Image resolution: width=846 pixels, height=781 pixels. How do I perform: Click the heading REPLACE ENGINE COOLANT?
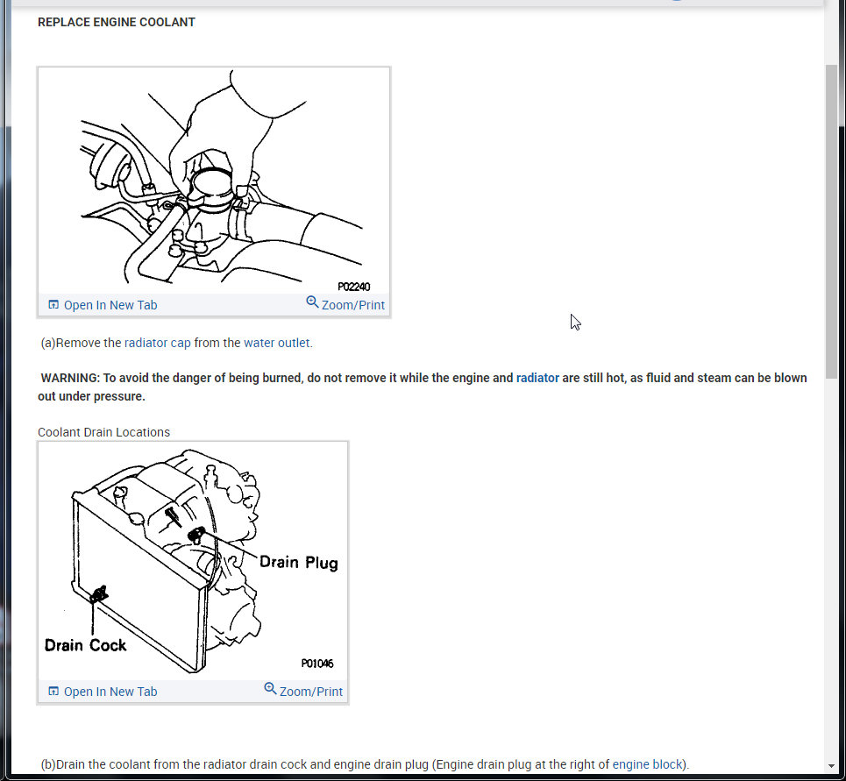tap(117, 22)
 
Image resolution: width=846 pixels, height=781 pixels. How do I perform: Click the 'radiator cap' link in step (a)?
tap(157, 343)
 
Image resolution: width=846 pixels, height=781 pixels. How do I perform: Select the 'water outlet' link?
tap(277, 343)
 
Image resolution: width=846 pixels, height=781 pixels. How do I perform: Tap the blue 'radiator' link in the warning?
tap(537, 378)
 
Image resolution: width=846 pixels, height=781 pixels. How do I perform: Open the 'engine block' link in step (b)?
tap(649, 764)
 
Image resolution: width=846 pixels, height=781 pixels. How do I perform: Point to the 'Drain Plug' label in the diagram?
tap(298, 562)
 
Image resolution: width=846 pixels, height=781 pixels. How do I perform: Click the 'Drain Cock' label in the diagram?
tap(86, 645)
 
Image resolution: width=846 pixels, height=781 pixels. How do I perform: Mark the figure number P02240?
tap(353, 287)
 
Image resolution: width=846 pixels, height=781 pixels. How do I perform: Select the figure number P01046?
tap(316, 664)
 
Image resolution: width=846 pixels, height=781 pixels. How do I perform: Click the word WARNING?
tap(70, 378)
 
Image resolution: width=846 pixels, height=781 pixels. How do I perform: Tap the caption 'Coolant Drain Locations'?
tap(103, 432)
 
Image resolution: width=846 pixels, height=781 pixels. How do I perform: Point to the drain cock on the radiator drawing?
tap(99, 594)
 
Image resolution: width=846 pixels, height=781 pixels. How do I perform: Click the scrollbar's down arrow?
tap(831, 766)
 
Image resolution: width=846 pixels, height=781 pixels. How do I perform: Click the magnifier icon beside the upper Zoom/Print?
tap(312, 302)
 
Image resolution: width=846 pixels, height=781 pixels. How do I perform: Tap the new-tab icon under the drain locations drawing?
tap(53, 692)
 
